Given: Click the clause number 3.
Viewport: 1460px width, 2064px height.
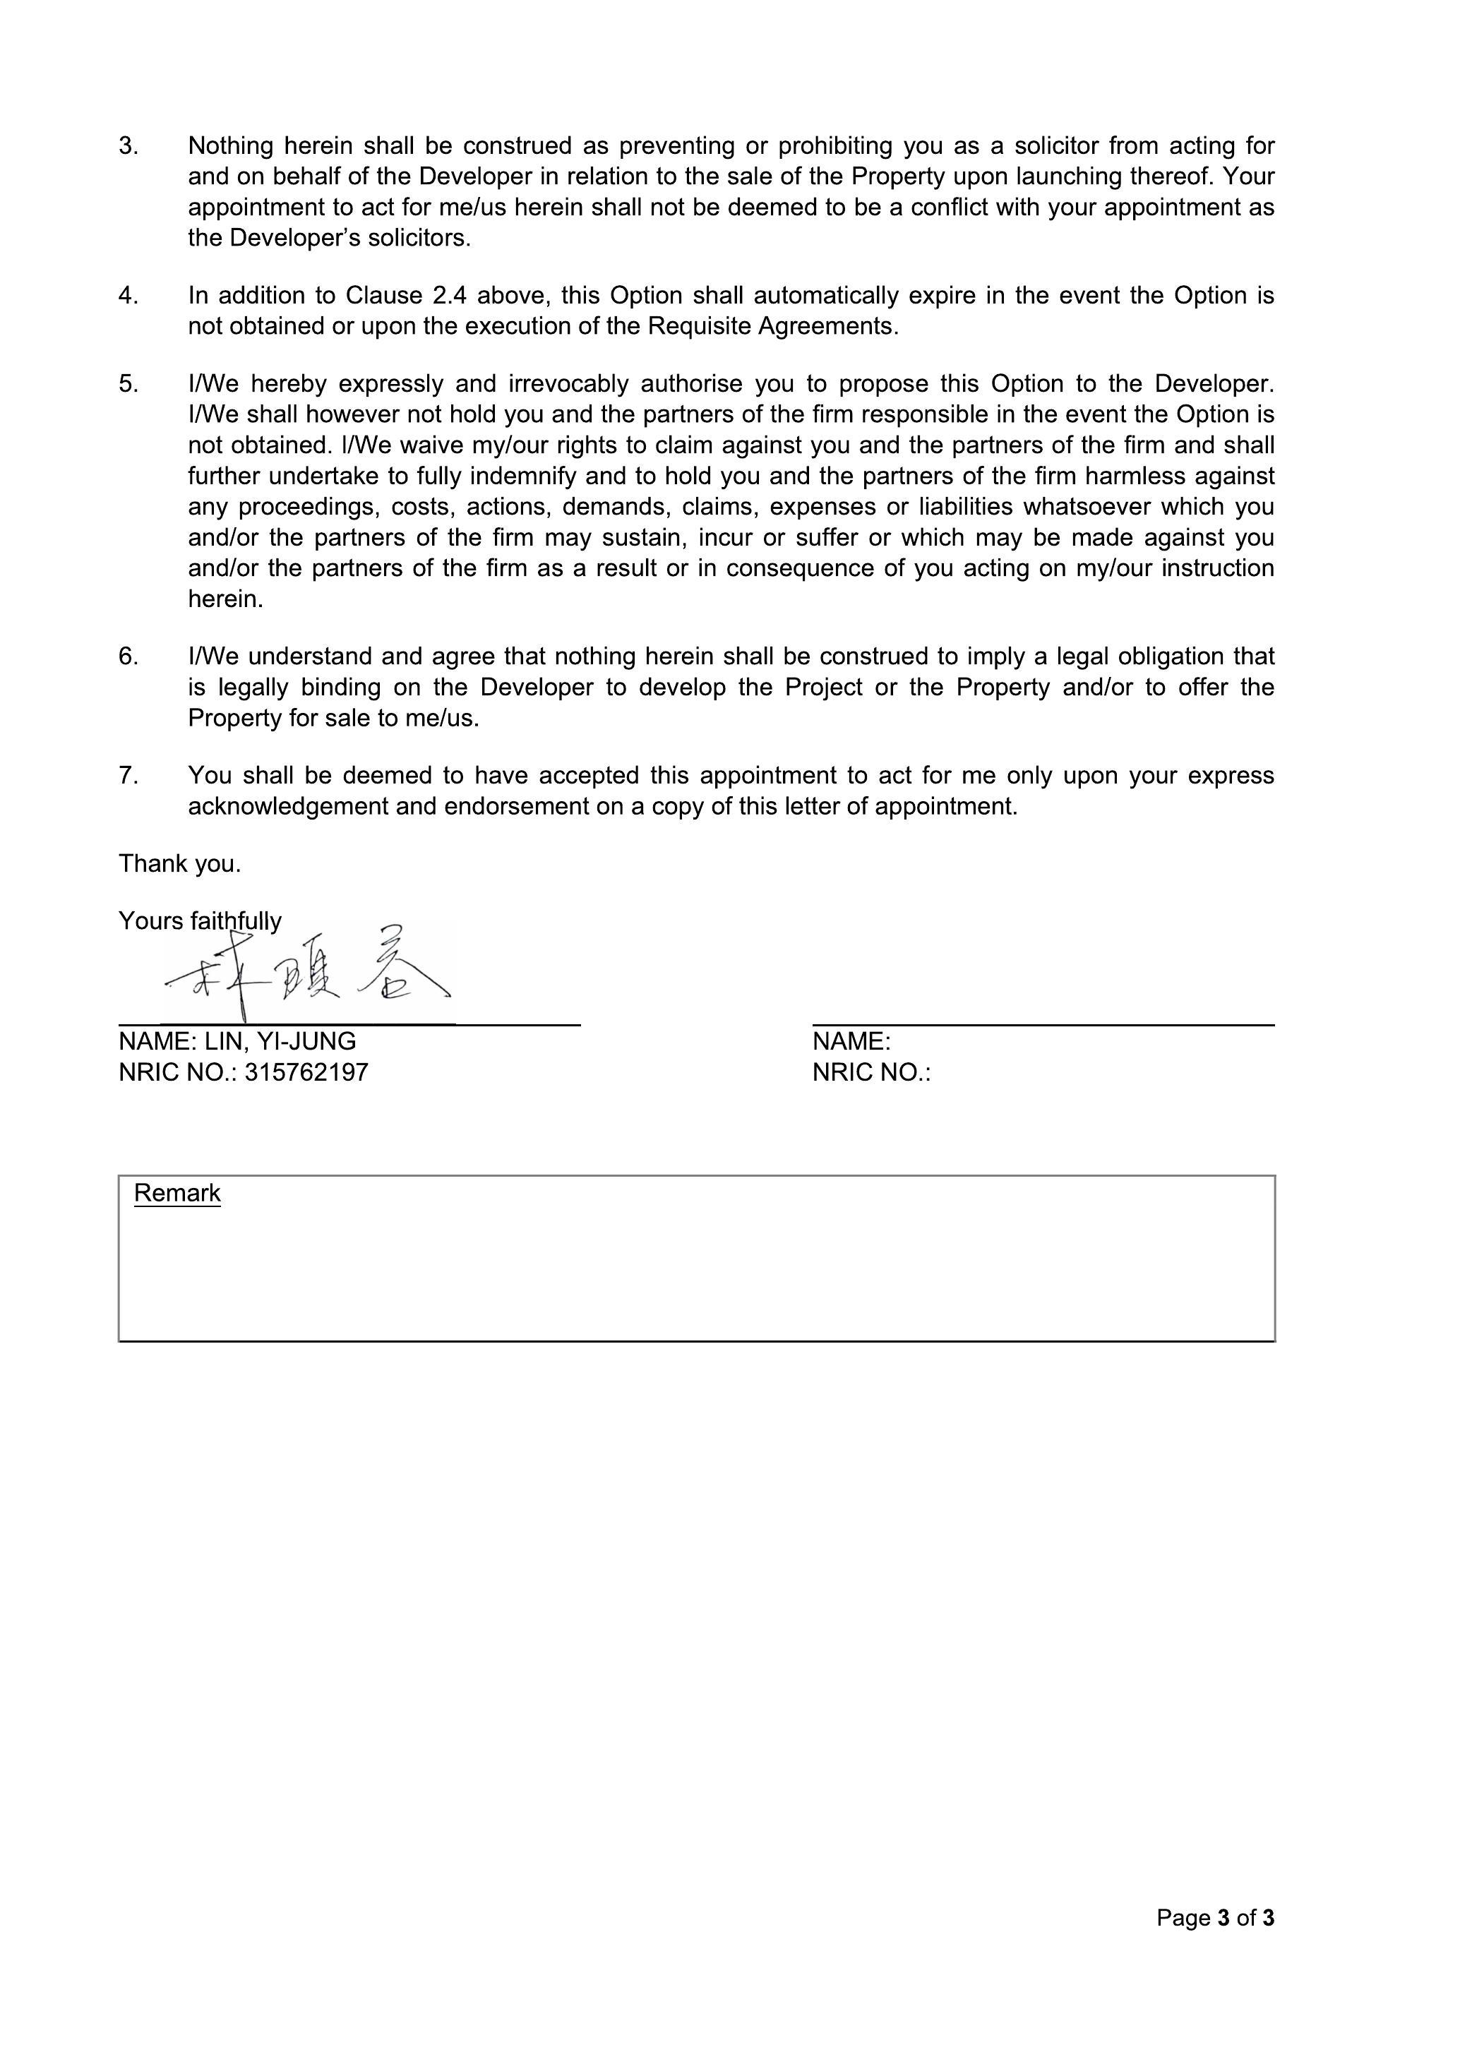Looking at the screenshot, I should [x=128, y=145].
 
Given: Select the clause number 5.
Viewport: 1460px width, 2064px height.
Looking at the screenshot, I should [x=128, y=384].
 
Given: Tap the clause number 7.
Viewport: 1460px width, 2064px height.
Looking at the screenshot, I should [x=128, y=775].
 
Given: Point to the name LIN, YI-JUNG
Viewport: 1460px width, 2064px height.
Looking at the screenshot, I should [x=280, y=1041].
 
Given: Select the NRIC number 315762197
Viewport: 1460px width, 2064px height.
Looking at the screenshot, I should [x=306, y=1072].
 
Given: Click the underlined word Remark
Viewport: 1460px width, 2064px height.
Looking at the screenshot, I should [x=177, y=1193].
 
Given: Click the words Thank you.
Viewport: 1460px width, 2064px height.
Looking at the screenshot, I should [x=180, y=863].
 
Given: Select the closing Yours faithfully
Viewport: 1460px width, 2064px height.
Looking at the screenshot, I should [x=200, y=920].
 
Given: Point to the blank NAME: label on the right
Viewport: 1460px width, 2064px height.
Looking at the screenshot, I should [x=851, y=1041].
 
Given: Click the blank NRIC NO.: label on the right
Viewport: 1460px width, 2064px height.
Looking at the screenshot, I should [x=870, y=1072].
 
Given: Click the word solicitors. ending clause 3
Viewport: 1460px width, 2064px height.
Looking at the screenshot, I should [x=418, y=237].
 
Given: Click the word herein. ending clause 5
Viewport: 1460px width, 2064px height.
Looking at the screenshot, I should [x=226, y=599].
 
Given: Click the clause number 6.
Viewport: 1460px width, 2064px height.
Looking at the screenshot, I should [x=128, y=656].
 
